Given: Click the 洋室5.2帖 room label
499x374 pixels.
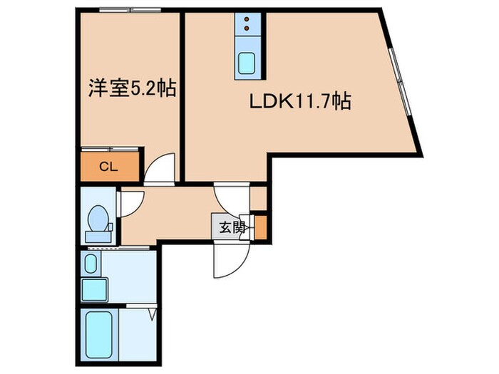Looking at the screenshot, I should (132, 90).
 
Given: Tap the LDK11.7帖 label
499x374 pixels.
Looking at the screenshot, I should (299, 102).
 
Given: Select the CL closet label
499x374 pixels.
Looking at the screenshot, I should (108, 167).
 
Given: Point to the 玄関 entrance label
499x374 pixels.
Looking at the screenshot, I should (231, 228).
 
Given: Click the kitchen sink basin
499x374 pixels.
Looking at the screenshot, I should (248, 62).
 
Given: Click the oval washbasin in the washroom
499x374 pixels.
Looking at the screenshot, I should (91, 264).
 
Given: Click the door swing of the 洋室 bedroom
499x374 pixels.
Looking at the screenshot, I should (160, 169).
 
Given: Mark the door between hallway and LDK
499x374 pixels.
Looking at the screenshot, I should (232, 197).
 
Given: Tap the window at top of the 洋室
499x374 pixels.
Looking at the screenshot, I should (130, 9).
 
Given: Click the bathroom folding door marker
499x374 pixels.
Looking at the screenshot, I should (152, 311).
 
